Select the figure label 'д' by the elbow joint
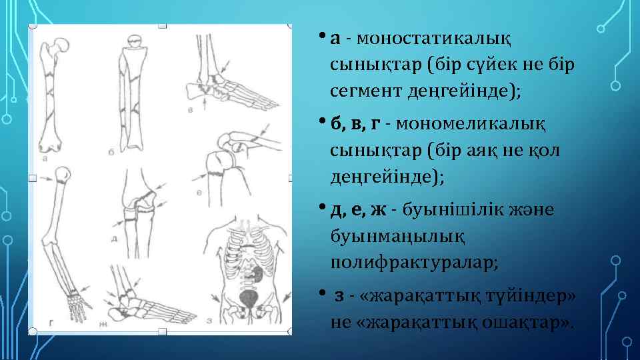pyautogui.click(x=117, y=239)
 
